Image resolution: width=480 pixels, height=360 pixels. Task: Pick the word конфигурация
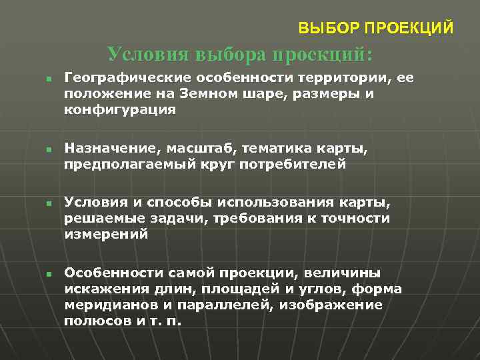120,110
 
